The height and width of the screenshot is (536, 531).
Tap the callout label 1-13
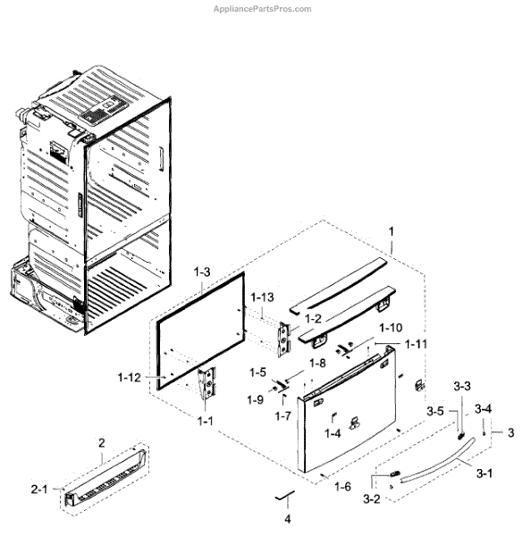pyautogui.click(x=263, y=297)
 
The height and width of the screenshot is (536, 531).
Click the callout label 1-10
pyautogui.click(x=391, y=328)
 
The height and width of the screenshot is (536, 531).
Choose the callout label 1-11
pyautogui.click(x=417, y=344)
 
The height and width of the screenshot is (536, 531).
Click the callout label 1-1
pyautogui.click(x=206, y=420)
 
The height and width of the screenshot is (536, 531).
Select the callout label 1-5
pyautogui.click(x=258, y=372)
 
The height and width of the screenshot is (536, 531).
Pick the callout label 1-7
pyautogui.click(x=283, y=416)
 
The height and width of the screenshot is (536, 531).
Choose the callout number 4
pyautogui.click(x=288, y=518)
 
